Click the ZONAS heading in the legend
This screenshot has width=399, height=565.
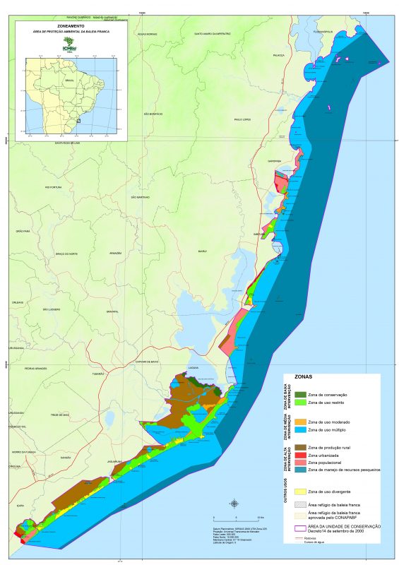point(304,378)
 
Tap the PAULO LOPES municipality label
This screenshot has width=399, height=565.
point(243,119)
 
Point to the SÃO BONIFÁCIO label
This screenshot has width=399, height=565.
point(153,113)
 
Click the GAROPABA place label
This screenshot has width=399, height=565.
point(275,161)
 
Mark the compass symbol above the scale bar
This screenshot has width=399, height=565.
point(234,503)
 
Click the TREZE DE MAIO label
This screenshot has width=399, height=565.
point(60,415)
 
